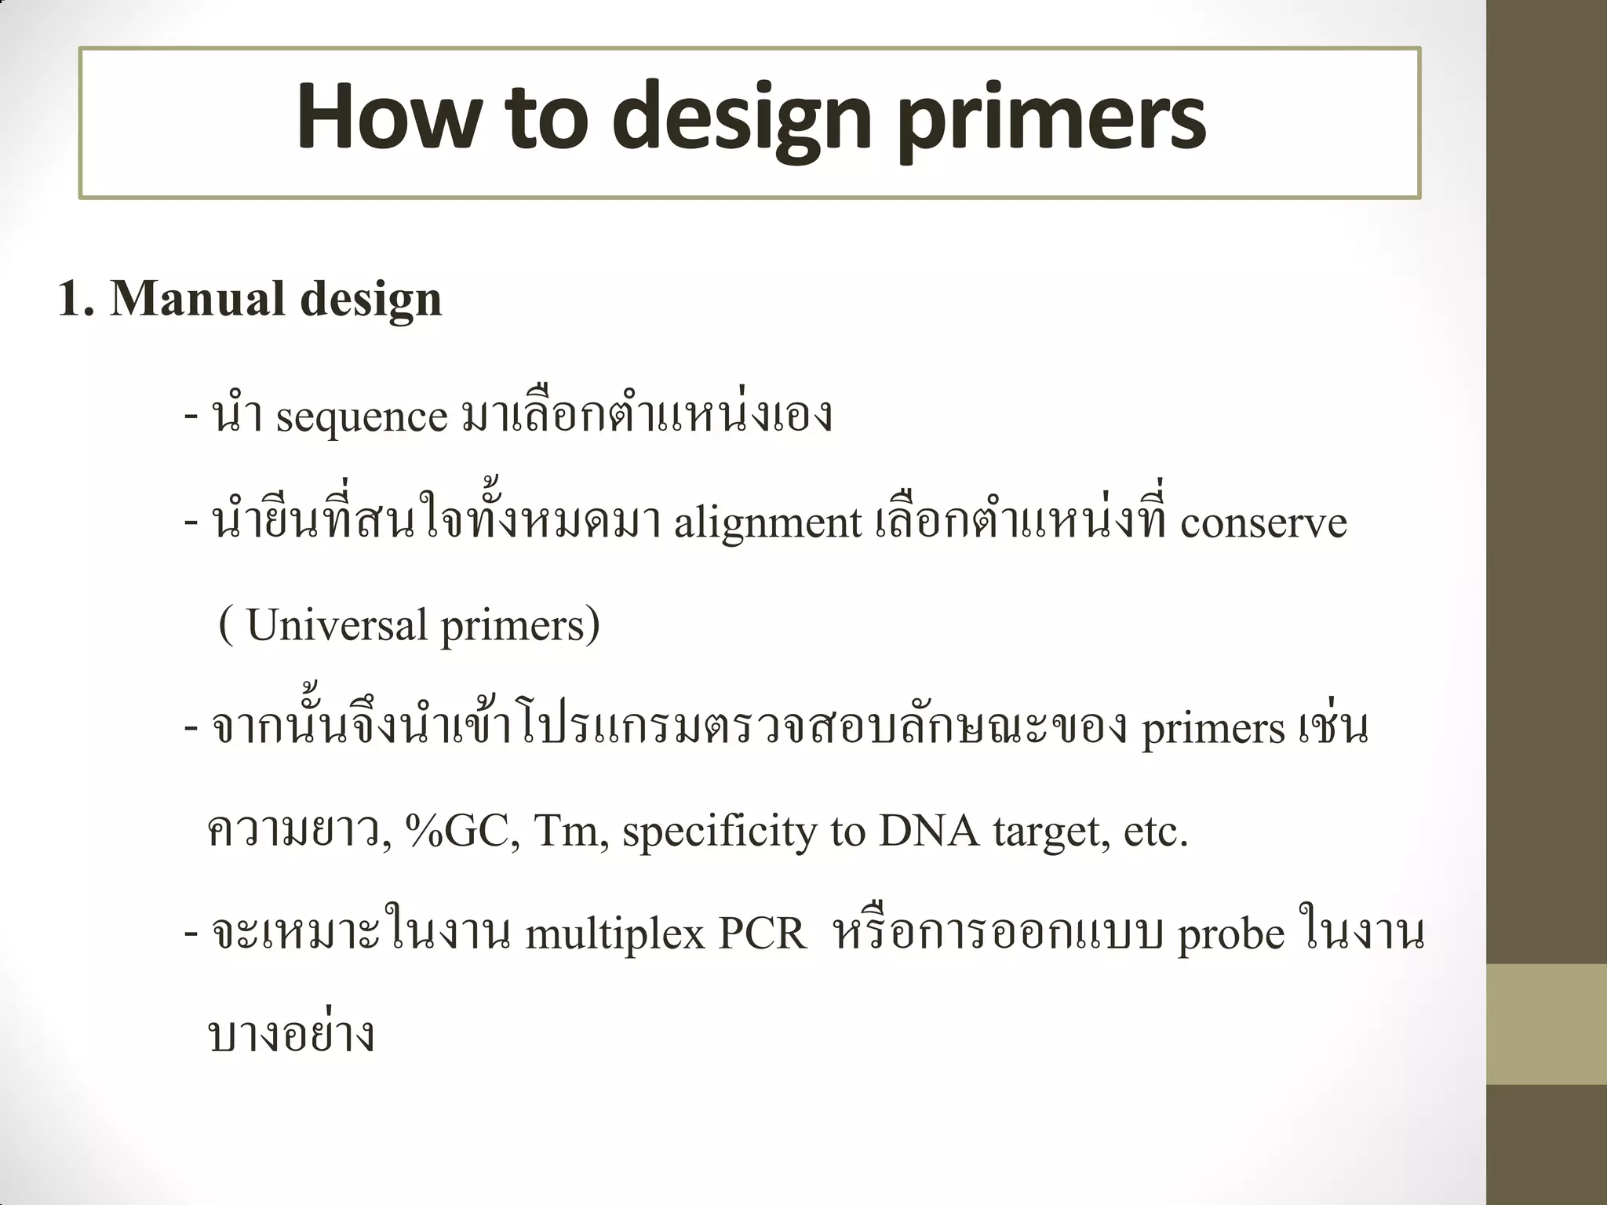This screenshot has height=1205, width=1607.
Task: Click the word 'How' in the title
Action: tap(387, 118)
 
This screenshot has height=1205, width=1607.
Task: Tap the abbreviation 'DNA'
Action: tap(929, 832)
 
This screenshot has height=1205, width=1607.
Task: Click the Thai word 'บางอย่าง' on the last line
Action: tap(291, 1036)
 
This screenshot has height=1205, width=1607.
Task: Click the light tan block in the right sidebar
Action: tap(1547, 1024)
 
